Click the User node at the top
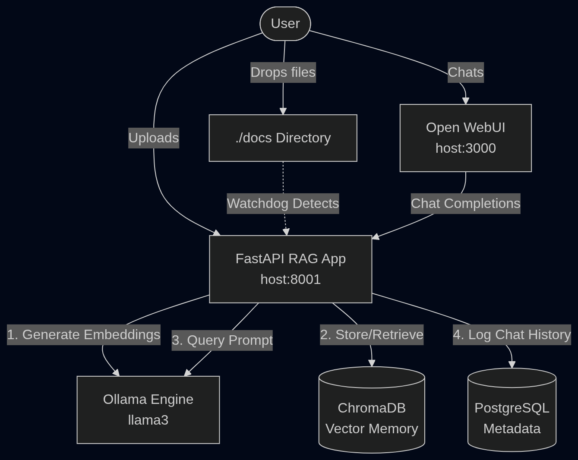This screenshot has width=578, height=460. click(x=285, y=24)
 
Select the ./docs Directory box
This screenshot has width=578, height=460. click(x=283, y=138)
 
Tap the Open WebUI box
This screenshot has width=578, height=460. click(x=465, y=138)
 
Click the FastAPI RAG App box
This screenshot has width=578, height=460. click(x=291, y=269)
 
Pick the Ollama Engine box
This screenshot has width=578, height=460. click(x=148, y=410)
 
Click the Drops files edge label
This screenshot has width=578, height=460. click(x=283, y=72)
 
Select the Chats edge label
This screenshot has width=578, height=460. click(x=465, y=72)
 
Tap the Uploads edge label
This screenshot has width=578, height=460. click(x=154, y=138)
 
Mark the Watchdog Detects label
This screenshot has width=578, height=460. click(x=283, y=203)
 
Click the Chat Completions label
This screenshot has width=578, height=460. click(x=465, y=203)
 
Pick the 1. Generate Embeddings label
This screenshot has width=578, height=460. click(x=84, y=334)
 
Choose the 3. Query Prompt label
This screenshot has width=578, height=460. click(x=222, y=340)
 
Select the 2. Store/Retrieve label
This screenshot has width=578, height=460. click(x=372, y=334)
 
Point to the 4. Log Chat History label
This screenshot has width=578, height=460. click(x=512, y=334)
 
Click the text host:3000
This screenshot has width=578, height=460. click(x=465, y=148)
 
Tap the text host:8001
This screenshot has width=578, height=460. click(x=291, y=279)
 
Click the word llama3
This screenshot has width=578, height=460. click(x=148, y=420)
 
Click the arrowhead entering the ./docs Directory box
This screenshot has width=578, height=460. click(x=283, y=111)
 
